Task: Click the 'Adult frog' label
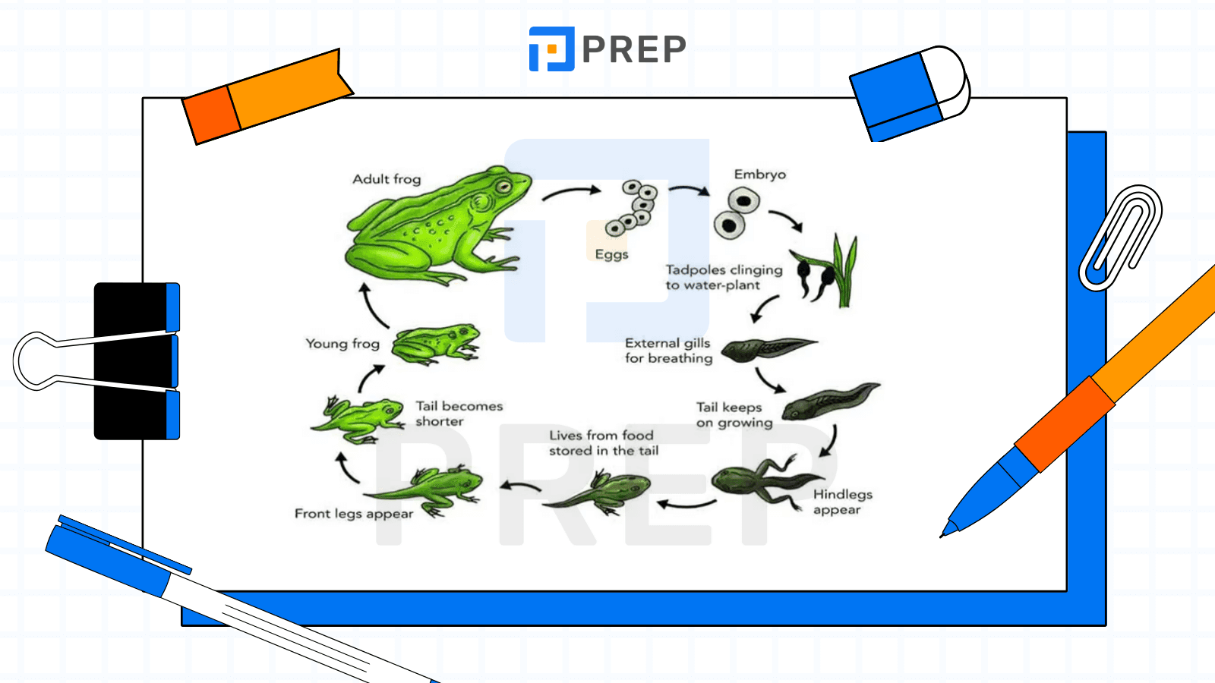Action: coord(387,179)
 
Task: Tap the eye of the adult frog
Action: coord(503,187)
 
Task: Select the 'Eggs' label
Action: coord(611,255)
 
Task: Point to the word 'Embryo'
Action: coord(760,175)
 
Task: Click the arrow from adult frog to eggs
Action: coord(572,191)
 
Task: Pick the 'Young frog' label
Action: coord(342,344)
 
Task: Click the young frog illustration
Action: coord(436,344)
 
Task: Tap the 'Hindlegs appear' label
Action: coord(842,502)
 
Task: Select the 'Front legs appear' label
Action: coord(354,514)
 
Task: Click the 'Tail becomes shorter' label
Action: coord(459,414)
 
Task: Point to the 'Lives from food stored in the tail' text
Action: coord(603,443)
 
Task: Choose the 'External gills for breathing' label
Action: coord(668,351)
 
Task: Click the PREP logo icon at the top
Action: coord(551,49)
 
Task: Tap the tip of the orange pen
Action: coord(941,537)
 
